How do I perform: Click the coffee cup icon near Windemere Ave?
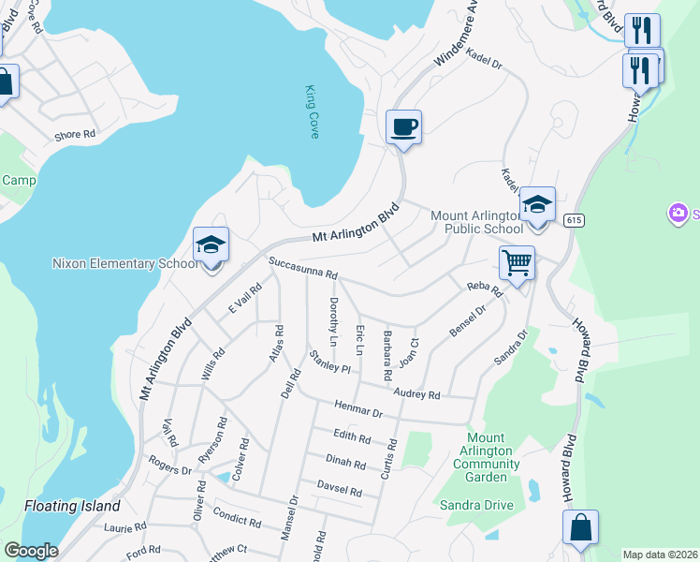pyautogui.click(x=403, y=126)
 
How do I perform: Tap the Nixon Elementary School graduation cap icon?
pyautogui.click(x=211, y=245)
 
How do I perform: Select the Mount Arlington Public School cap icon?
pyautogui.click(x=537, y=205)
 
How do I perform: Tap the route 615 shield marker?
pyautogui.click(x=574, y=220)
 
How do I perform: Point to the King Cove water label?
pyautogui.click(x=313, y=112)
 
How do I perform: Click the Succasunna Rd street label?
pyautogui.click(x=302, y=269)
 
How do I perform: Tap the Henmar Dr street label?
pyautogui.click(x=359, y=410)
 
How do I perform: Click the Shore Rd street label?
pyautogui.click(x=75, y=135)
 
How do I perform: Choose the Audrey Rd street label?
pyautogui.click(x=416, y=394)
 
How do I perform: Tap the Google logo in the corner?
pyautogui.click(x=31, y=551)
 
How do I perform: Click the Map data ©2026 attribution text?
pyautogui.click(x=660, y=555)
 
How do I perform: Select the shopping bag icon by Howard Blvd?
pyautogui.click(x=580, y=527)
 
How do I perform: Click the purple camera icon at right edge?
pyautogui.click(x=678, y=214)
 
